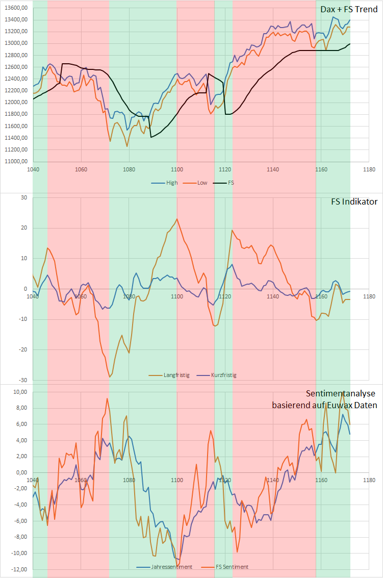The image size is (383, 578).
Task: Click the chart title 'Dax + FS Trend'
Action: click(349, 9)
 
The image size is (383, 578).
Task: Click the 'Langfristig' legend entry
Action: click(176, 375)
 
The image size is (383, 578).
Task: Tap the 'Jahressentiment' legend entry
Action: click(171, 567)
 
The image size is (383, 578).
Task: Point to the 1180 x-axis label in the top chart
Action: click(369, 169)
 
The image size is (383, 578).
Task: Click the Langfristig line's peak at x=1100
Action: click(177, 219)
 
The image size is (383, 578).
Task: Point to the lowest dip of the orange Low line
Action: click(127, 146)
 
